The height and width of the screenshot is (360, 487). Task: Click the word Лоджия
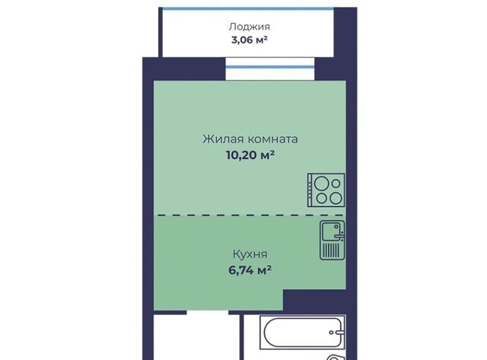coord(250,27)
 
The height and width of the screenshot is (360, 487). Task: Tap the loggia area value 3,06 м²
coord(250,40)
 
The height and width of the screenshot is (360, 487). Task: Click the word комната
coord(273,139)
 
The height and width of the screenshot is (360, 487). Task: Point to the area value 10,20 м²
coord(250,155)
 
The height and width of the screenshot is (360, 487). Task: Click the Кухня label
coord(250,254)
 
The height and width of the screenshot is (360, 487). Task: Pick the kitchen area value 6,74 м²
coord(250,270)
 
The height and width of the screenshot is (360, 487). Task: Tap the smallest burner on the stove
coord(336,183)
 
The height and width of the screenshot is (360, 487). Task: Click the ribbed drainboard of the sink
coord(331,250)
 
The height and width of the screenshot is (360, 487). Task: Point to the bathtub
coord(302,332)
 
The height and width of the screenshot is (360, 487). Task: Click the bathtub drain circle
coord(332,333)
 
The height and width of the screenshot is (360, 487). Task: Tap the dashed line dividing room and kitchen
coord(250,215)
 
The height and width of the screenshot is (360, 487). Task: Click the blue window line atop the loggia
coord(248,8)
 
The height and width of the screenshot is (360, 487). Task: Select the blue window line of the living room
coord(270,67)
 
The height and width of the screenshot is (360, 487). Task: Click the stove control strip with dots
coord(310,190)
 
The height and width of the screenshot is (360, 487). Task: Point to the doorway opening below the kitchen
coord(208,312)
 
